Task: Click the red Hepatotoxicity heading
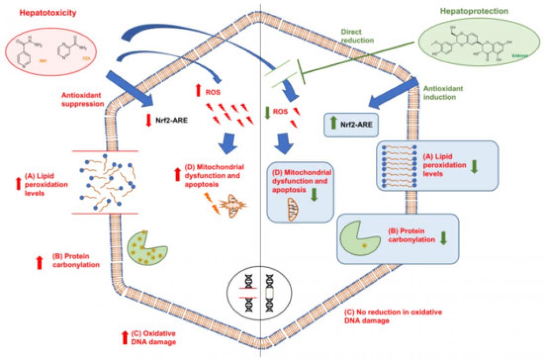point(48,13)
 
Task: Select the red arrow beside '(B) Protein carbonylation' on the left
point(40,262)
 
